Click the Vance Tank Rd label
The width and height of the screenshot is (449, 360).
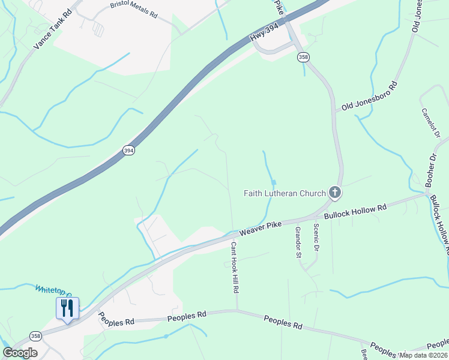(53, 29)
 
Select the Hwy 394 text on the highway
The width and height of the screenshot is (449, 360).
(266, 37)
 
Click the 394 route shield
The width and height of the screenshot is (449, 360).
(128, 151)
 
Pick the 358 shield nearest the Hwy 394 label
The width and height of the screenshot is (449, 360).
(303, 56)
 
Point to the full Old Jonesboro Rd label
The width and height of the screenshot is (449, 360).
(370, 96)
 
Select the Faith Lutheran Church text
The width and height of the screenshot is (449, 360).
(284, 193)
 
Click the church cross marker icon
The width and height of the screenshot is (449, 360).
(335, 193)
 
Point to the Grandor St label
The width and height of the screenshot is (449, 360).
(297, 242)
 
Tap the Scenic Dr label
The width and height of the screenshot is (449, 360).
(316, 238)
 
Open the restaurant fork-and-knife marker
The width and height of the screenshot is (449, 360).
(67, 308)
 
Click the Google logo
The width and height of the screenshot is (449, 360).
(20, 353)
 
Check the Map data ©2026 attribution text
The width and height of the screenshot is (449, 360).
(423, 355)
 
